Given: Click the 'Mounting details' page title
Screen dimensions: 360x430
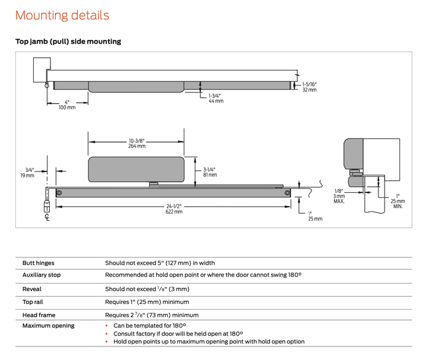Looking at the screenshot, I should (x=62, y=15).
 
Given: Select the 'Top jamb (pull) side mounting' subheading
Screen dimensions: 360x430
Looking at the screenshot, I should (x=68, y=42).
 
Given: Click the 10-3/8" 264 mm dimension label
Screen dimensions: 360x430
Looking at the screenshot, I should (x=136, y=143).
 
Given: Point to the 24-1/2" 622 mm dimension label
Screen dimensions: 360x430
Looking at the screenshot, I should (x=173, y=209).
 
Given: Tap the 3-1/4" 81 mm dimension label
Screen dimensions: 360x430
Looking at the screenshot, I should (x=209, y=173).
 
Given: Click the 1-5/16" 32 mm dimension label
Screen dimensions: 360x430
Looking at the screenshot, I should (x=309, y=87).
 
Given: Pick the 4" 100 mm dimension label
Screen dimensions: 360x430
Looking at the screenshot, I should (x=67, y=105).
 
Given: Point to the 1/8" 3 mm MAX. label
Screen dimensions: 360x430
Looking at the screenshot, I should (x=338, y=196).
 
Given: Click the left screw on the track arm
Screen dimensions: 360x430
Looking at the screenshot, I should (x=59, y=193).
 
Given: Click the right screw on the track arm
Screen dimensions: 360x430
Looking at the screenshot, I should (x=287, y=193).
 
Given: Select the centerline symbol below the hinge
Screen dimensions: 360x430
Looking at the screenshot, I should (x=47, y=217).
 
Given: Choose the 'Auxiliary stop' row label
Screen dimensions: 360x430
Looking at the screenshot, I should (x=41, y=275).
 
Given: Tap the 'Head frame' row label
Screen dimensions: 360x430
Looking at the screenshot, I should (x=39, y=315).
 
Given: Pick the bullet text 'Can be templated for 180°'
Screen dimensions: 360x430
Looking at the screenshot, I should (x=149, y=326).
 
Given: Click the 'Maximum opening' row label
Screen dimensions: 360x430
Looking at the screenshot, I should (x=48, y=326).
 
